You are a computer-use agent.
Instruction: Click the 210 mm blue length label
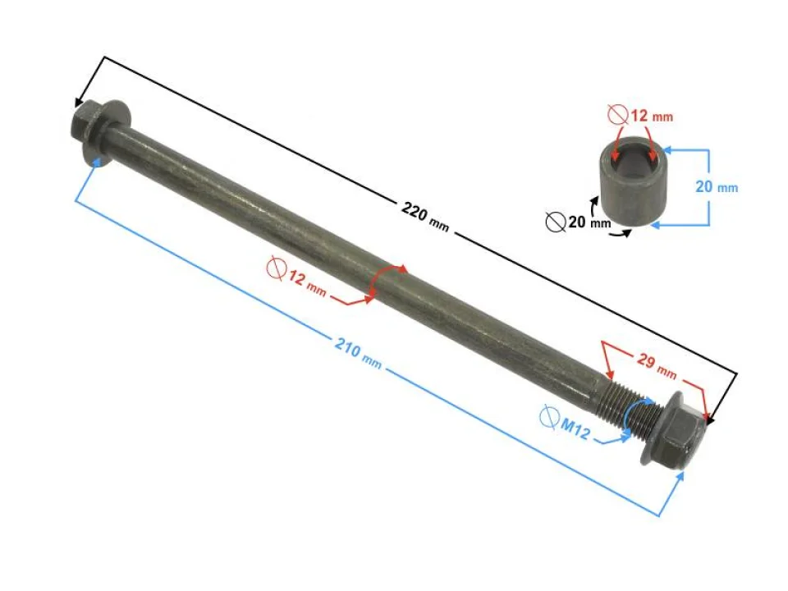click(359, 353)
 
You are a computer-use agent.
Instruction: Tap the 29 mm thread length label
click(657, 365)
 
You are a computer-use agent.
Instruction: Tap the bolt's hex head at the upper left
click(89, 125)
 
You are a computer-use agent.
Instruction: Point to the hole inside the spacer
click(633, 153)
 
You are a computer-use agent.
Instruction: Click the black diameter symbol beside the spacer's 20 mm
click(556, 222)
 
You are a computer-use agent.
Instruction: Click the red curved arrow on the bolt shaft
click(387, 277)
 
